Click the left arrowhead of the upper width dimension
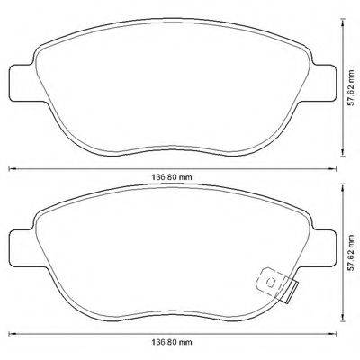(x=11, y=168)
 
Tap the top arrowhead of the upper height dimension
(x=343, y=20)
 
